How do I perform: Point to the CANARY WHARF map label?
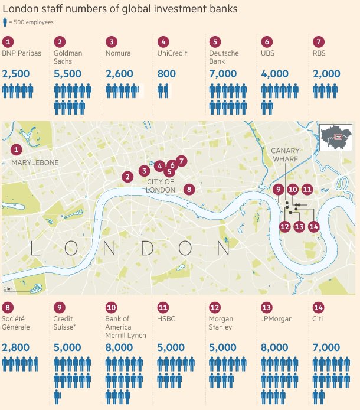286,155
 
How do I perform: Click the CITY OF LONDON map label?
161,186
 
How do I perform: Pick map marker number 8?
189,190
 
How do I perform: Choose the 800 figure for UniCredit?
167,74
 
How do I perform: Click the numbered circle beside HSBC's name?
163,307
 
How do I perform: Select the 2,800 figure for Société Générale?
17,347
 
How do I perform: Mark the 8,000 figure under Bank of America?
120,347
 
